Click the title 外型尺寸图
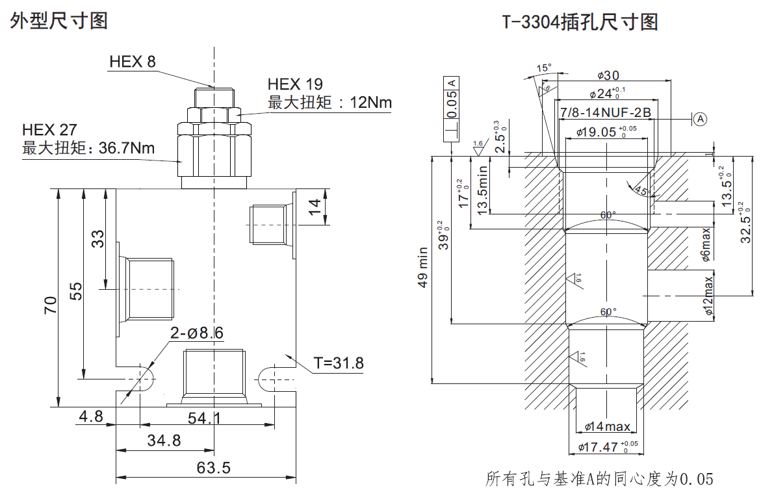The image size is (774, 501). coord(59,21)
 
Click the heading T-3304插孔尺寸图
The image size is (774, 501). coord(580,22)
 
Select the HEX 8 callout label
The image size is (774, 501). coord(133,62)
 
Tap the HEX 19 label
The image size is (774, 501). coord(295,84)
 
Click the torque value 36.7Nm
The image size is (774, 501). coord(127,148)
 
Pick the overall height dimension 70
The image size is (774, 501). coord(50,304)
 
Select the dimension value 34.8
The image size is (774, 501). coord(163,441)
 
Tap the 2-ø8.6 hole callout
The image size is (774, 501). coord(196,333)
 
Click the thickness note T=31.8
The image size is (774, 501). coord(338,363)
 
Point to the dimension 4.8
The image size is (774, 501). coord(91,417)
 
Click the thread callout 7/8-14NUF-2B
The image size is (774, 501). coord(605,113)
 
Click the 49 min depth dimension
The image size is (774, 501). coord(423,267)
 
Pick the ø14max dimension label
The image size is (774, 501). coord(607,426)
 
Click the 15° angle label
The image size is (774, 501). coord(543,68)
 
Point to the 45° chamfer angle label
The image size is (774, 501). coord(641,191)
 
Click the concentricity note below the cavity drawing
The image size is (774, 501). coord(599,480)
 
